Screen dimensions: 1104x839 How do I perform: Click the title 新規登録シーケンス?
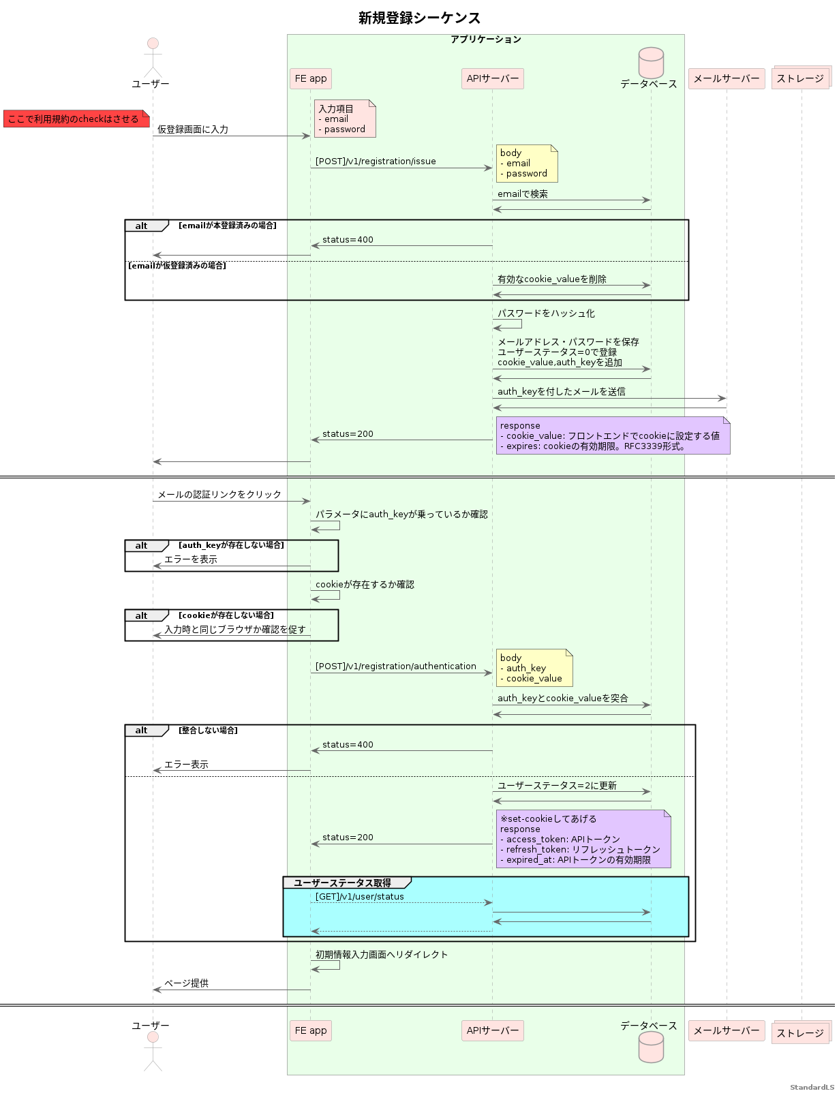click(x=419, y=18)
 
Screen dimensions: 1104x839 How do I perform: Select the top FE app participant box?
click(x=311, y=78)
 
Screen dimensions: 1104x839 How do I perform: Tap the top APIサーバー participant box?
click(x=492, y=78)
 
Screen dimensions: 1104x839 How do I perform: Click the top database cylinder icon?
click(x=651, y=63)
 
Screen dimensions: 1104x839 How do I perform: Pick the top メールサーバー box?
click(x=726, y=78)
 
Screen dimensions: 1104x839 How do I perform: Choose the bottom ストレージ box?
click(x=800, y=1033)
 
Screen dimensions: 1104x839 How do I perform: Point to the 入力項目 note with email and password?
click(x=345, y=119)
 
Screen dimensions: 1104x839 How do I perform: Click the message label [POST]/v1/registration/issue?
click(x=376, y=162)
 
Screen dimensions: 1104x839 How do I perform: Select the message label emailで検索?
click(x=523, y=194)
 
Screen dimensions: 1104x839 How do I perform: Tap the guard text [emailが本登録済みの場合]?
click(x=228, y=226)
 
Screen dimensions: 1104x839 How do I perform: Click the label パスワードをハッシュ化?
click(x=546, y=313)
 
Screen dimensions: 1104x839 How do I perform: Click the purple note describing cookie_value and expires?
click(x=613, y=435)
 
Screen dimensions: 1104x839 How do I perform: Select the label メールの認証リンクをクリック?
click(x=219, y=495)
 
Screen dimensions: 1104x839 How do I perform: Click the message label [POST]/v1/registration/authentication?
click(x=395, y=666)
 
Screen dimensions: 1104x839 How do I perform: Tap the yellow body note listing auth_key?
click(x=534, y=668)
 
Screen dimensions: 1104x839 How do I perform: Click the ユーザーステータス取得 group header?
click(x=342, y=883)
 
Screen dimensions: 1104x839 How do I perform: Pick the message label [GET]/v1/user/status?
click(x=359, y=897)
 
